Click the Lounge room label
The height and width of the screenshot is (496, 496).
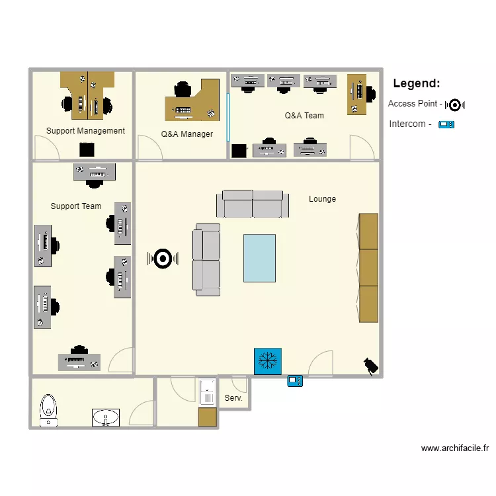[322, 199]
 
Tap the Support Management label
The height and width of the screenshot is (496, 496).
[85, 131]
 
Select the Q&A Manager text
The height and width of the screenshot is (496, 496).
[187, 134]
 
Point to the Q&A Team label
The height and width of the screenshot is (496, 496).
[304, 116]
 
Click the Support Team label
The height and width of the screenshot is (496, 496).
[76, 206]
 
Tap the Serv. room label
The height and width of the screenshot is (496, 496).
[233, 398]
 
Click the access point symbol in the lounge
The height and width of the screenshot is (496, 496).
[163, 259]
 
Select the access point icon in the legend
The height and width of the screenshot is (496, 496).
[455, 104]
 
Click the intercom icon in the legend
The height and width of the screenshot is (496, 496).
[446, 124]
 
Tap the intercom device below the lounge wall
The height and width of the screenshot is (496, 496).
[295, 381]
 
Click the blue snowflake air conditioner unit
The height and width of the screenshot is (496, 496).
[268, 361]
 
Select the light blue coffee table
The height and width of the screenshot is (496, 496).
[259, 258]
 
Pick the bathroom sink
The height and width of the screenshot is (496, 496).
[106, 417]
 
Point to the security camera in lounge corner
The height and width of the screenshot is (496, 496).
[371, 365]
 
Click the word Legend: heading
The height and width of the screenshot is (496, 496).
[416, 83]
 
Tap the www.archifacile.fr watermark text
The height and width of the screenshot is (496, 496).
[455, 448]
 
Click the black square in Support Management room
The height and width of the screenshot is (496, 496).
[87, 149]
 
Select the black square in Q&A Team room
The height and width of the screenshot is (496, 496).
[239, 151]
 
